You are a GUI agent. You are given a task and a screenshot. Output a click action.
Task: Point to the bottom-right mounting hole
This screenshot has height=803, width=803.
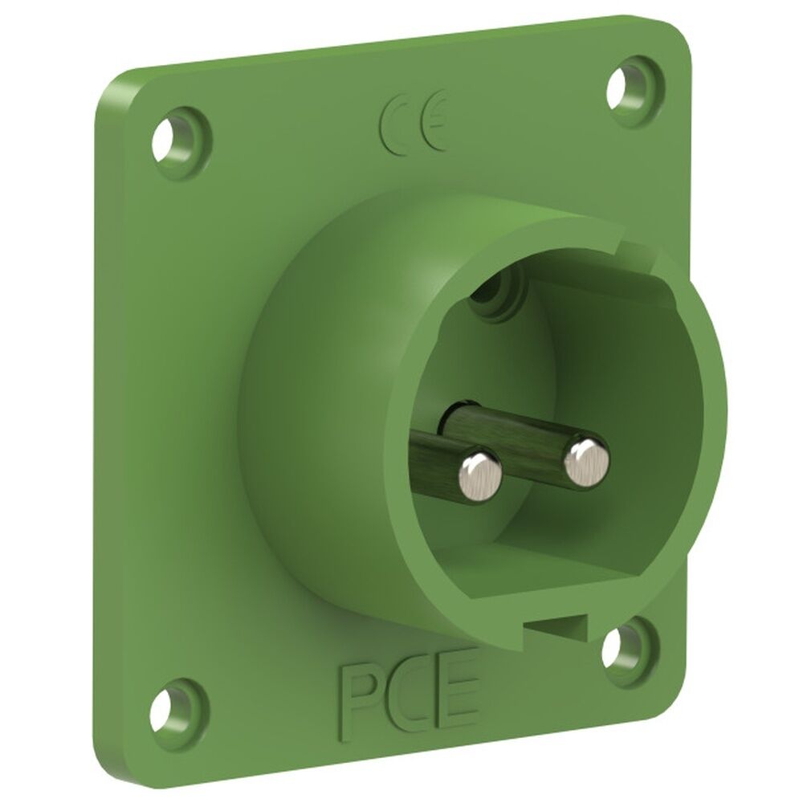point(617,647)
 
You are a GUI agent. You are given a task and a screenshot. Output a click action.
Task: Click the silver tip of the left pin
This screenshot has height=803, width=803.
point(479,472)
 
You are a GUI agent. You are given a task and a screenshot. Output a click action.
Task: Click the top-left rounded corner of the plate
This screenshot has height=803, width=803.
point(112,88)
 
